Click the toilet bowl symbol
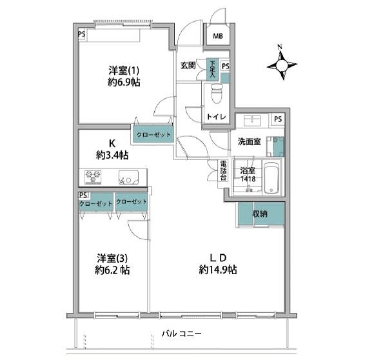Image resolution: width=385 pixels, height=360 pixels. pos(217,94)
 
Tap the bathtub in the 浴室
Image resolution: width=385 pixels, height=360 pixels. pos(271,177)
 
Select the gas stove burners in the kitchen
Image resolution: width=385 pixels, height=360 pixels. pos(93,177)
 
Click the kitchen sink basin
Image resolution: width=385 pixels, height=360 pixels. pos(129,177)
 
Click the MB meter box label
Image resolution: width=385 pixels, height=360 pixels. pos(218,36)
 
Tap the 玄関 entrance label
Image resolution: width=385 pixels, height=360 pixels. pos(188,65)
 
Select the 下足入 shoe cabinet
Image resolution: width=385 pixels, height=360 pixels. pos(212,69)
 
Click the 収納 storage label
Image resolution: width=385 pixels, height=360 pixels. pos(260,214)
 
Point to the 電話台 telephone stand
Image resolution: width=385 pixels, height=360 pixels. pos(223,170)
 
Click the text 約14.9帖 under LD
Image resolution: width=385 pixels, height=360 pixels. pos(218,270)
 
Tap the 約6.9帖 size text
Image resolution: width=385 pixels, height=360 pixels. pos(124,83)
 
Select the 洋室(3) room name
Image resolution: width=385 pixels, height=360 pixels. pos(112,259)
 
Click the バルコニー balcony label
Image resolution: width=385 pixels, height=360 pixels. pos(182,334)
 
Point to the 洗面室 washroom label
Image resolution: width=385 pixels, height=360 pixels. pos(249,142)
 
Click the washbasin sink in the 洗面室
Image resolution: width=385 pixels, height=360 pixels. pos(252,121)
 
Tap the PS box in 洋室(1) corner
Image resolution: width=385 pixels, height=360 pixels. pos(82,34)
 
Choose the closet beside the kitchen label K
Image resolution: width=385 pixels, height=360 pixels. pos(153,134)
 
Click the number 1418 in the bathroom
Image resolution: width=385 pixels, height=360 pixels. pos(248,179)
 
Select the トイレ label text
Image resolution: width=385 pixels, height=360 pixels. pos(216,117)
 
